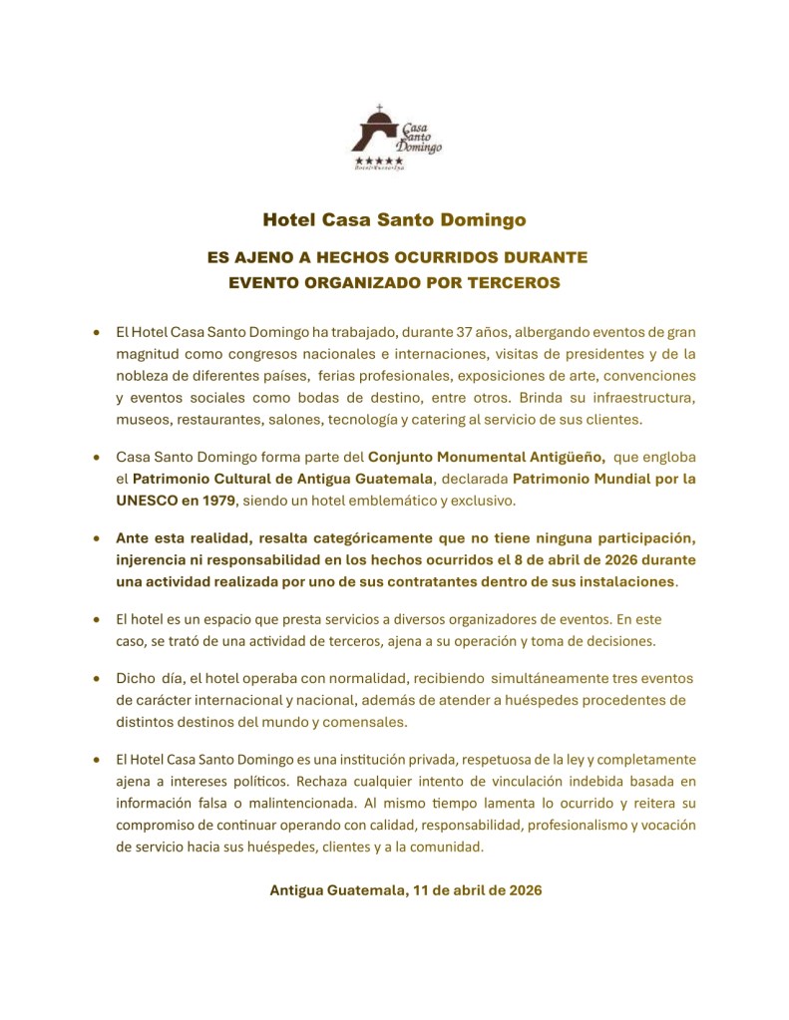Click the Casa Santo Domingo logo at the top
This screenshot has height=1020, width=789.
tap(397, 134)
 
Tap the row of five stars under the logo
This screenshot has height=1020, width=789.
tap(379, 161)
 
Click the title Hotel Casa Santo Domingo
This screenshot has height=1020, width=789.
tap(394, 218)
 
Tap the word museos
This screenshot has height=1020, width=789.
tap(143, 419)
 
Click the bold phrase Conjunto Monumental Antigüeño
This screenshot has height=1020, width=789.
tap(487, 456)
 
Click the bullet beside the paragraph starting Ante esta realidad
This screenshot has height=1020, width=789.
tap(96, 537)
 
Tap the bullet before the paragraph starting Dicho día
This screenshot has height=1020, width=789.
tap(96, 678)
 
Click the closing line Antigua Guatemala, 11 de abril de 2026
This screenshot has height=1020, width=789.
tap(405, 890)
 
